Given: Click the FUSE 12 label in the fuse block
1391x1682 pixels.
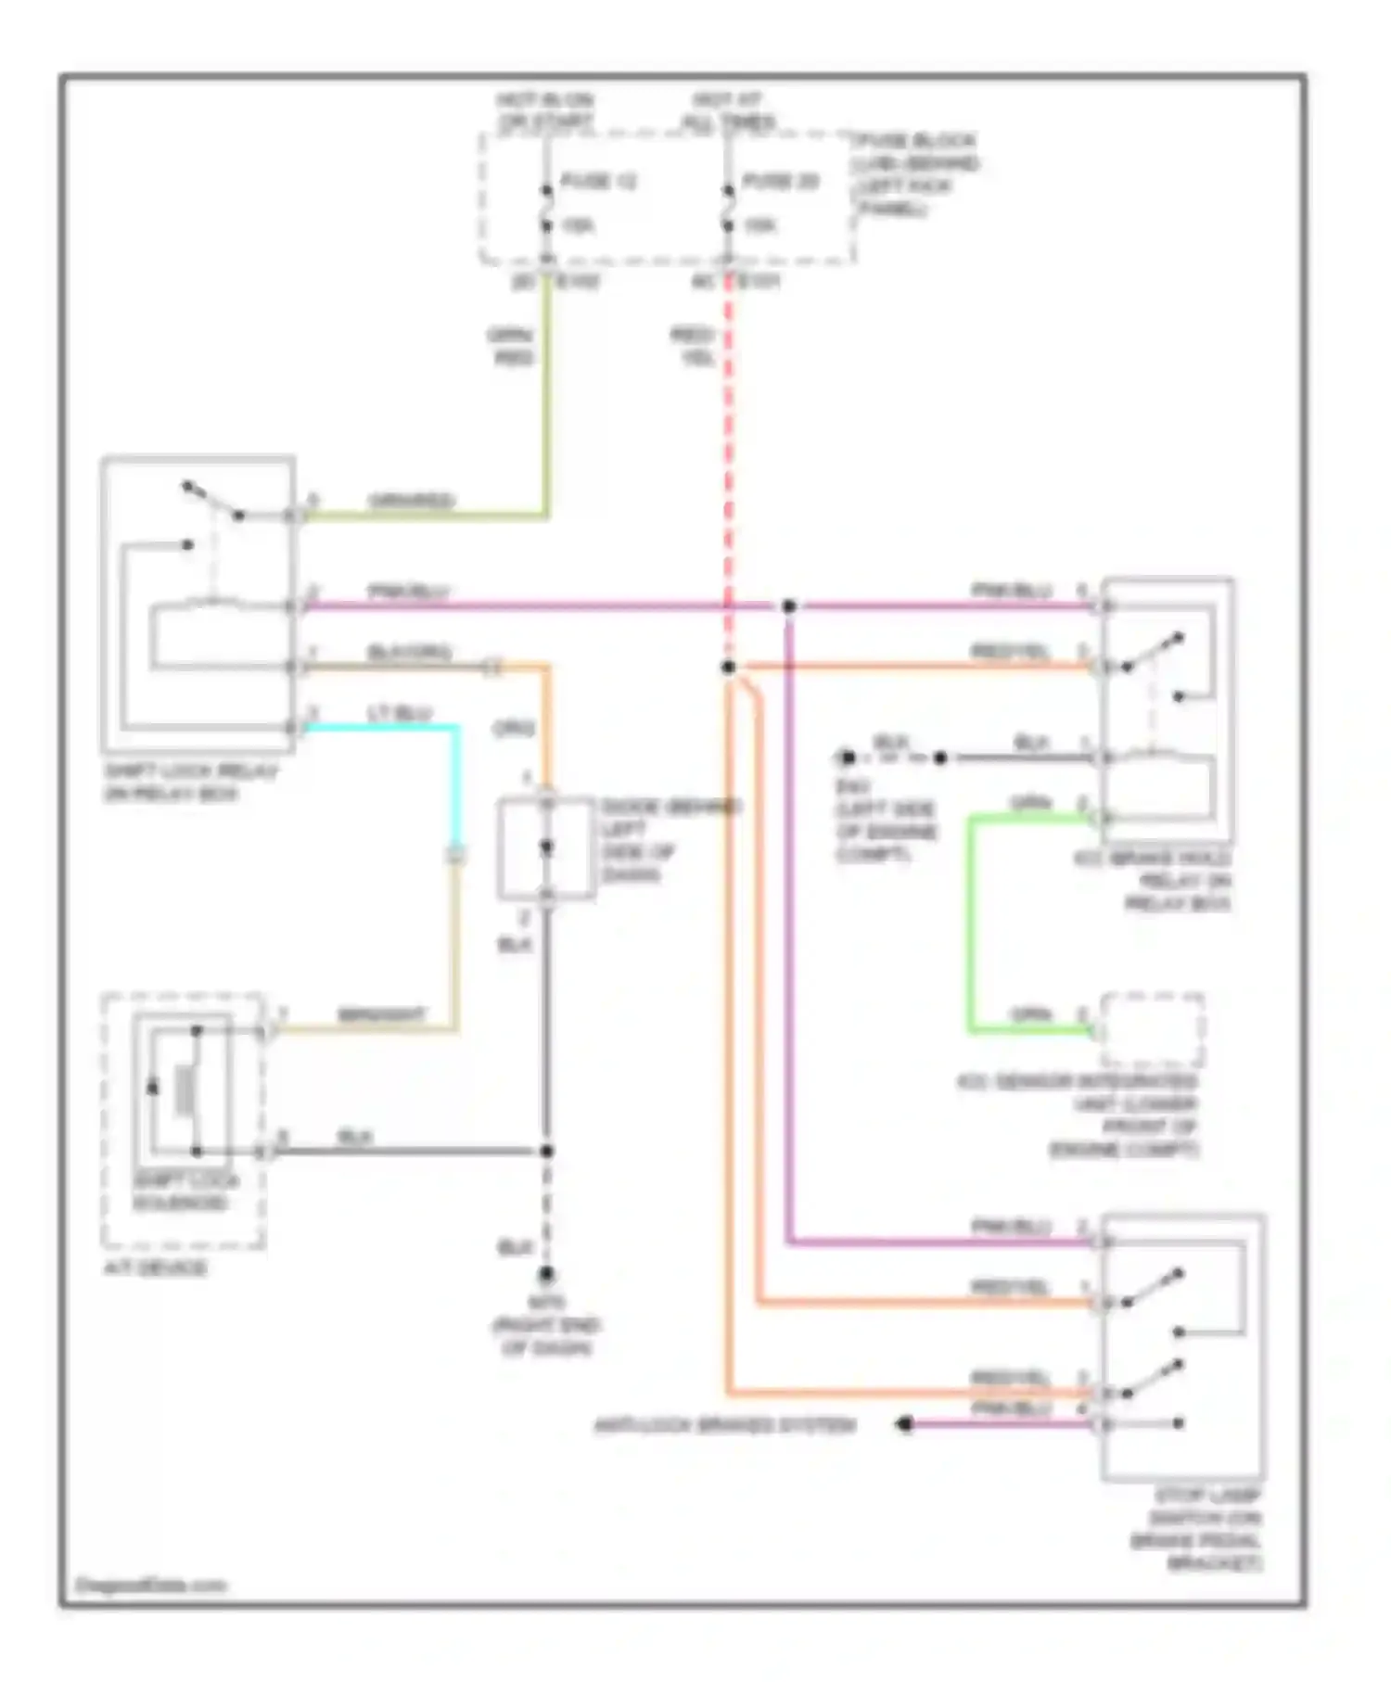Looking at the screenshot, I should pyautogui.click(x=598, y=181).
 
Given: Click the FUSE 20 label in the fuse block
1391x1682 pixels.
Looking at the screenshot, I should pyautogui.click(x=780, y=181).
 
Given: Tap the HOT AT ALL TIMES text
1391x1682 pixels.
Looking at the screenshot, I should pyautogui.click(x=728, y=111).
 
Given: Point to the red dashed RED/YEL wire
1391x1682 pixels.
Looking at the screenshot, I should pyautogui.click(x=728, y=464).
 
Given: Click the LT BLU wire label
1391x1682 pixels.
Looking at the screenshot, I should pyautogui.click(x=399, y=713).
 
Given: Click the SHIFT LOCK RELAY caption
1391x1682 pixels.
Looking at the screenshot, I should pyautogui.click(x=190, y=783).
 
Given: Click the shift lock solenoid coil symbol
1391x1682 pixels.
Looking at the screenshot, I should pyautogui.click(x=185, y=1089).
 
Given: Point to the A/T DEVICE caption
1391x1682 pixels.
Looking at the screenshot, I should pyautogui.click(x=155, y=1268).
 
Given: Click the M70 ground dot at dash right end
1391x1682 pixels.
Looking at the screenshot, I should pyautogui.click(x=546, y=1274).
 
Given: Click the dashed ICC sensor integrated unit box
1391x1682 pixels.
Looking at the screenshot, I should pyautogui.click(x=1153, y=1029).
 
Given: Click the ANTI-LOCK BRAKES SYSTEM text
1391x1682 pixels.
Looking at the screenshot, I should pyautogui.click(x=724, y=1425).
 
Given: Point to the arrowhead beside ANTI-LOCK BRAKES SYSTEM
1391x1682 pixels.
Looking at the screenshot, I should pyautogui.click(x=905, y=1424).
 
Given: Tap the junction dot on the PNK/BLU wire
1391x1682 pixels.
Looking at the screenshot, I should pyautogui.click(x=788, y=606).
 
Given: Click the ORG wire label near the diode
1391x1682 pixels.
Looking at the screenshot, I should pyautogui.click(x=513, y=729).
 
